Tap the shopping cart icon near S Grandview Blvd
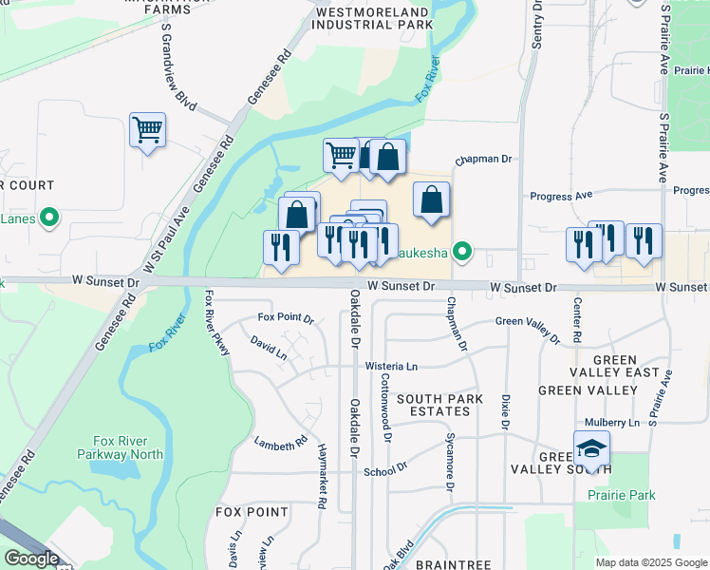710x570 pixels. point(147,130)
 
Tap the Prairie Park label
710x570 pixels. point(621,495)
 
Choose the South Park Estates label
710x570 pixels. point(434,405)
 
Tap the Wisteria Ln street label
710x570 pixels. point(391,366)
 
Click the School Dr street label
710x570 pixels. point(385,469)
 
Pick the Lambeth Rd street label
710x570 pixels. point(281,441)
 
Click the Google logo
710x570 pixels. point(30,559)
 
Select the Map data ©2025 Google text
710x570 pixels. point(650,563)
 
